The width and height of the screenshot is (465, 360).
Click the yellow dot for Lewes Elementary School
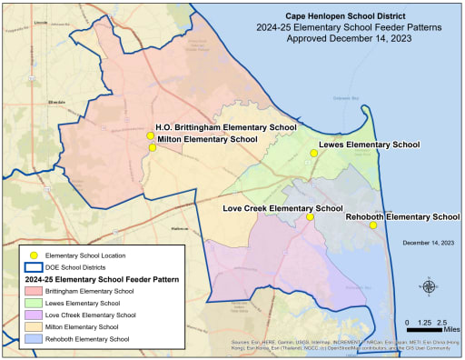click(x=313, y=154)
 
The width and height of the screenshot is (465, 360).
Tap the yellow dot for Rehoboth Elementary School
click(x=372, y=225)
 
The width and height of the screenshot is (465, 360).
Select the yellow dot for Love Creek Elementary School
click(x=310, y=216)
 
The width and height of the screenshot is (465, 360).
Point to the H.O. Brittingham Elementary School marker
click(x=151, y=135)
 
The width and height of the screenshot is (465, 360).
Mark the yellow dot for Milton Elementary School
click(x=153, y=147)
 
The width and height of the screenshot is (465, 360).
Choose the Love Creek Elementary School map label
click(x=282, y=208)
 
